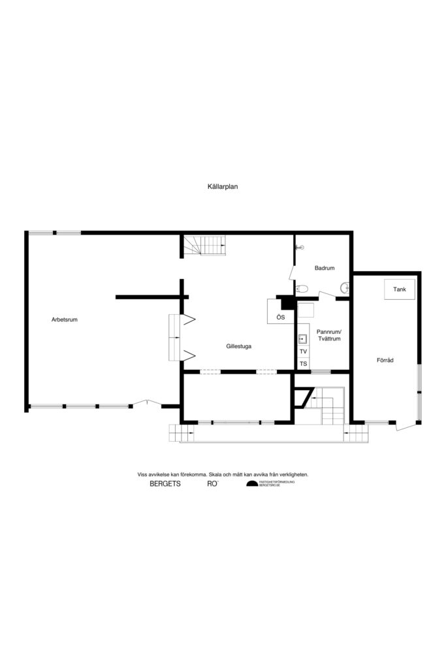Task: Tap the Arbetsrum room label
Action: click(x=65, y=319)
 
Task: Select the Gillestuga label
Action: click(x=239, y=346)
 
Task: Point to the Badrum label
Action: click(x=325, y=268)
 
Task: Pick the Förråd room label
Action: click(x=385, y=360)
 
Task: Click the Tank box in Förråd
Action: click(x=400, y=289)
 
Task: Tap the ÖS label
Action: click(x=280, y=317)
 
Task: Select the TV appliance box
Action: click(x=303, y=351)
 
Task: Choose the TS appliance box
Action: click(x=303, y=363)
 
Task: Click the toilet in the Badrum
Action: click(x=302, y=288)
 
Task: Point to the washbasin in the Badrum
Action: click(x=344, y=287)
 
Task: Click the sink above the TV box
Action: click(x=303, y=339)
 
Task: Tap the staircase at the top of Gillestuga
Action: click(x=204, y=246)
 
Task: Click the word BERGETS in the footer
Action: click(x=165, y=484)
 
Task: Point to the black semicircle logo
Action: click(x=251, y=484)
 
